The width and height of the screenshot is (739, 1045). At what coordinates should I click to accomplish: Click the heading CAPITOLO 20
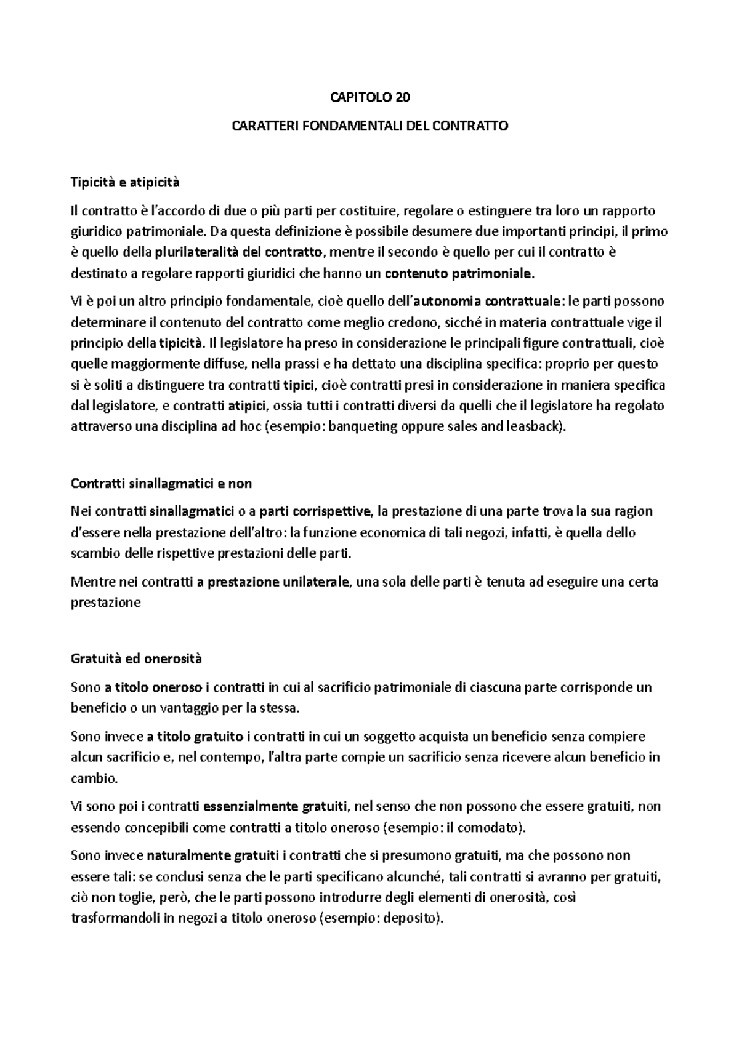tap(369, 97)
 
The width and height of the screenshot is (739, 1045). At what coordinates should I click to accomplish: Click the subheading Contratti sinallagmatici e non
tap(161, 484)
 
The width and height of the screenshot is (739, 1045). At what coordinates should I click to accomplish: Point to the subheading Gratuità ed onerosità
tap(136, 659)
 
